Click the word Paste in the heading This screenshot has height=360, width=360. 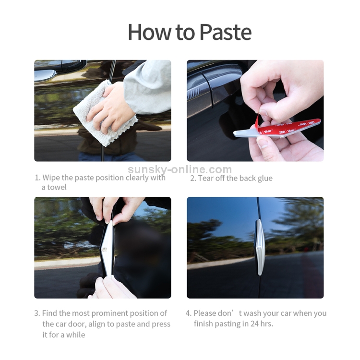pos(226,32)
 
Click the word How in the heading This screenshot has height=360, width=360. pos(149,32)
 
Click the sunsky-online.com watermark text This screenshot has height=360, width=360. pos(180,169)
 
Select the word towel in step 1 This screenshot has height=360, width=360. pos(57,187)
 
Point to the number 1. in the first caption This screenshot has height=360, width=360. pos(37,178)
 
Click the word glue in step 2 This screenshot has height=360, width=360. pos(265,179)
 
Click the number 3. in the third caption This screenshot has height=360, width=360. pos(37,313)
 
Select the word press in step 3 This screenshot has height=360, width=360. pos(161,324)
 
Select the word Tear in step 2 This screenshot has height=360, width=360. pos(203,179)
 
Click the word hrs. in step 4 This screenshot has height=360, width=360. pos(266,324)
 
